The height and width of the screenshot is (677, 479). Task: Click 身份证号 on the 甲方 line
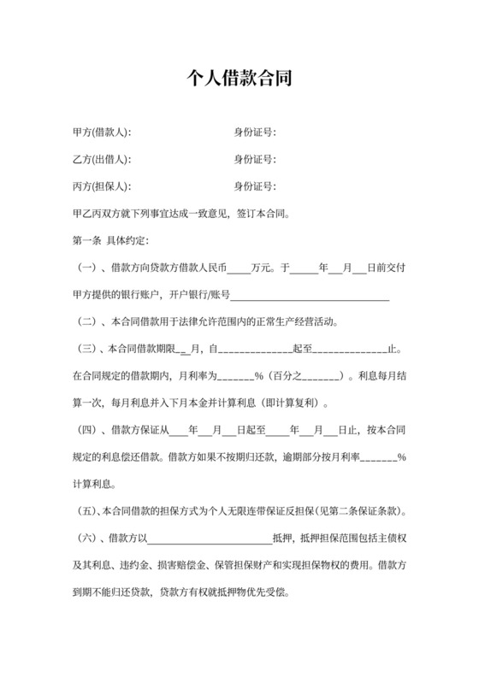pos(254,132)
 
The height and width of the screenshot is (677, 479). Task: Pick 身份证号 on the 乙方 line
pos(254,160)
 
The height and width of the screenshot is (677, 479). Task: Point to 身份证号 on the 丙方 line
pos(254,186)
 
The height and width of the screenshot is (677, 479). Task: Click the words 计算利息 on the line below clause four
pos(89,485)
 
